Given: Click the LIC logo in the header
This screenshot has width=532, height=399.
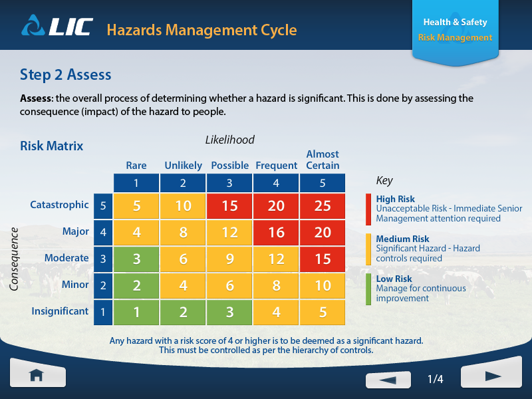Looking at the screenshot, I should tap(57, 29).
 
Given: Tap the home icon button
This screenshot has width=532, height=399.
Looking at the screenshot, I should tap(37, 375).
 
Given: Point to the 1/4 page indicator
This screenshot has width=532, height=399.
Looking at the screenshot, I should tap(435, 380).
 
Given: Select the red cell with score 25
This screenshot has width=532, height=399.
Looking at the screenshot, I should tap(323, 206).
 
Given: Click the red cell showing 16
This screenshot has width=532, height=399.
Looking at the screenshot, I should tap(276, 232).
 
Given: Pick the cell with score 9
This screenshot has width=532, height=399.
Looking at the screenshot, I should tap(229, 259).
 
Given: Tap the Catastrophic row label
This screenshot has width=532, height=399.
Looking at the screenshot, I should tap(59, 205).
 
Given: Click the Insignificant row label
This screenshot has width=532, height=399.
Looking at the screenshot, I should tap(60, 311).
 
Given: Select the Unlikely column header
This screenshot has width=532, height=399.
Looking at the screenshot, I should tap(183, 166).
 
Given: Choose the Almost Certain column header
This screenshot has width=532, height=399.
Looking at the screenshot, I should tap(323, 160).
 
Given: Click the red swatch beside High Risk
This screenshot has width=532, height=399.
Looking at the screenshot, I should tap(368, 209).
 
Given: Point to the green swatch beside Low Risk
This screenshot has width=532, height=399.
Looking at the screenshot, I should tap(368, 289).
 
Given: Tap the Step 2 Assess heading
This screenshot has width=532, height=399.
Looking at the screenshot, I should tap(66, 74).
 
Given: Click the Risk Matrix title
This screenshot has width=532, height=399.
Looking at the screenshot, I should tap(51, 146).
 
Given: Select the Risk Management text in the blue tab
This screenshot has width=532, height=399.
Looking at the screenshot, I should tap(455, 38).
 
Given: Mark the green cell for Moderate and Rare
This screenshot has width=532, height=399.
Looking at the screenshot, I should tap(136, 259).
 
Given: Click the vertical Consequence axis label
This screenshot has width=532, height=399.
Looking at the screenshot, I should tap(14, 259).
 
